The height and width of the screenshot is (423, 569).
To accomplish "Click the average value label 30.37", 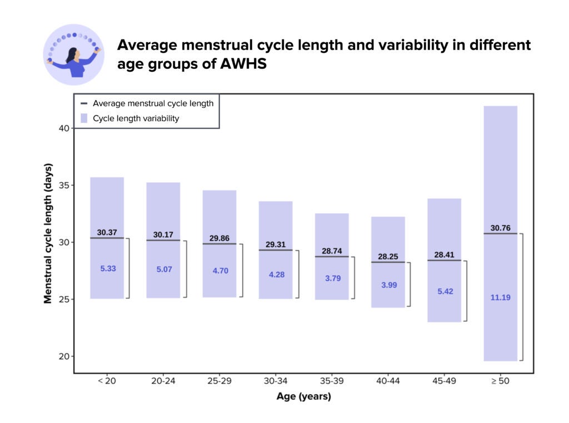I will point(107,232).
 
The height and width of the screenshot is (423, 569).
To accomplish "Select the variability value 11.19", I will point(500,297).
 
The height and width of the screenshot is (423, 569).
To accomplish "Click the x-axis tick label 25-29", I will point(219,381).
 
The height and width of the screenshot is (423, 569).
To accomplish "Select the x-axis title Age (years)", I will point(303,396).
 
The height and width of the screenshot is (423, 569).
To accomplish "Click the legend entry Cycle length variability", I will point(136,118).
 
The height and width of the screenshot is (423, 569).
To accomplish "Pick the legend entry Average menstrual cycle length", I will point(153,103).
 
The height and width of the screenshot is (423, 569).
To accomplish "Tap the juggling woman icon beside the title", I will point(73,54).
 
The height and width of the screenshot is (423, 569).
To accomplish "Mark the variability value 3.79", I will point(332,278).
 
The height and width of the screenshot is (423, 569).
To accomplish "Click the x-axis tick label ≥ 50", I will point(500,381).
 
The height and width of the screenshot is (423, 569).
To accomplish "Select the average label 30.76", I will point(500,228).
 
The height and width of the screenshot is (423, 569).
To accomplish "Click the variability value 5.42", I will point(444,291).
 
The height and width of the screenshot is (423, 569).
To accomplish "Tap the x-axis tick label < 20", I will point(107,381).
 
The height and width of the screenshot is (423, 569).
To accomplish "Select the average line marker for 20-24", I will point(163,240).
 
